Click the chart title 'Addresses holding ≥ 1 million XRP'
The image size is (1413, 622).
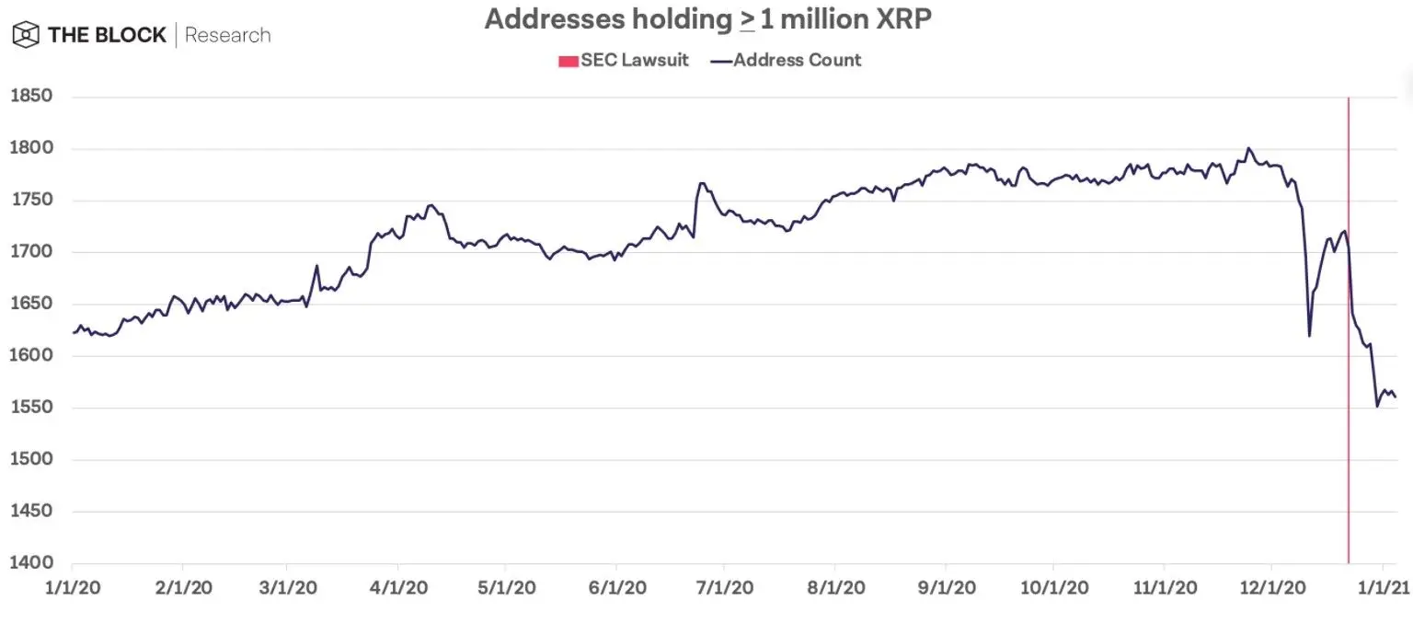pos(707,20)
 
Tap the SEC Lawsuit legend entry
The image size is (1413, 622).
pos(623,61)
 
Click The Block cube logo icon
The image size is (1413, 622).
pos(25,36)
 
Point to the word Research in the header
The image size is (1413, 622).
pos(228,36)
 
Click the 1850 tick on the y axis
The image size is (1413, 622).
pos(30,97)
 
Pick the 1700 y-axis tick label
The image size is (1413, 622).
pos(30,252)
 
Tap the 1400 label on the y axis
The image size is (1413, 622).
pos(30,563)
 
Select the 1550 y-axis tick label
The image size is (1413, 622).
pos(30,408)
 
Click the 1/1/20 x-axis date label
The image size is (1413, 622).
pos(72,587)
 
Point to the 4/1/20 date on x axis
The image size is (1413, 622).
pos(398,587)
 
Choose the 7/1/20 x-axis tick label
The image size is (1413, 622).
pos(725,587)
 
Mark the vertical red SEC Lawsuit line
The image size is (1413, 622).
pos(1349,368)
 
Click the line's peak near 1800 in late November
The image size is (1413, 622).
pos(1248,148)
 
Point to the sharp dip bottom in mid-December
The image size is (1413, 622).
pos(1309,336)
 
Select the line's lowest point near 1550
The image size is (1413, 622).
pos(1377,406)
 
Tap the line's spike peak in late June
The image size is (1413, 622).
pos(701,183)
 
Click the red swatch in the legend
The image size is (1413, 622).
pos(568,62)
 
